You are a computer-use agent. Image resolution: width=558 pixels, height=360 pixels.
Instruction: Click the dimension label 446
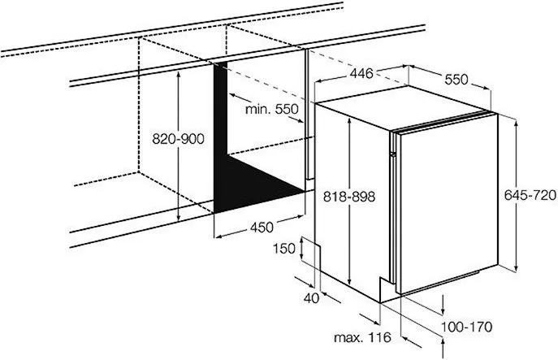(x=361, y=73)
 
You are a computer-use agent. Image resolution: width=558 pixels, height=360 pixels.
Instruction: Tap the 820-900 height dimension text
(x=178, y=138)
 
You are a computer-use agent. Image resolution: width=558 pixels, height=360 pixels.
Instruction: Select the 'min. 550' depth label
(x=272, y=109)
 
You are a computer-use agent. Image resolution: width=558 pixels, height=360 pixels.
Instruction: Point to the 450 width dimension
(x=262, y=227)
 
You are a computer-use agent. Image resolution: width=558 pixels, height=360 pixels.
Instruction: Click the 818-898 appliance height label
(x=349, y=196)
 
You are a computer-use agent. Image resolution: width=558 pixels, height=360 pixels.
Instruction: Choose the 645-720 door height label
(x=530, y=195)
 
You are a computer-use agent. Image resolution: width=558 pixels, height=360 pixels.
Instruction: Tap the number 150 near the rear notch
(x=284, y=248)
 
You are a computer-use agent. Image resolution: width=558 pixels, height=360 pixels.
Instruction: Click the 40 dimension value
(x=311, y=298)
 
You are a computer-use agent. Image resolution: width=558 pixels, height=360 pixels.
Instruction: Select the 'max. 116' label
(x=362, y=337)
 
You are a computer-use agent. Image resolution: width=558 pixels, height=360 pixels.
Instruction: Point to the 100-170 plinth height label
(x=466, y=327)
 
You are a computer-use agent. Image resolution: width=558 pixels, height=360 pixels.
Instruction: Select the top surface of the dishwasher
(x=402, y=106)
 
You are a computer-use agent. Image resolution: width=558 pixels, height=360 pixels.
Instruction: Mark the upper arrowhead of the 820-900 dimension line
(x=179, y=74)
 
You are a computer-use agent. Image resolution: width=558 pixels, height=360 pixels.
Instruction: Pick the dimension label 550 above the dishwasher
(x=456, y=79)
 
